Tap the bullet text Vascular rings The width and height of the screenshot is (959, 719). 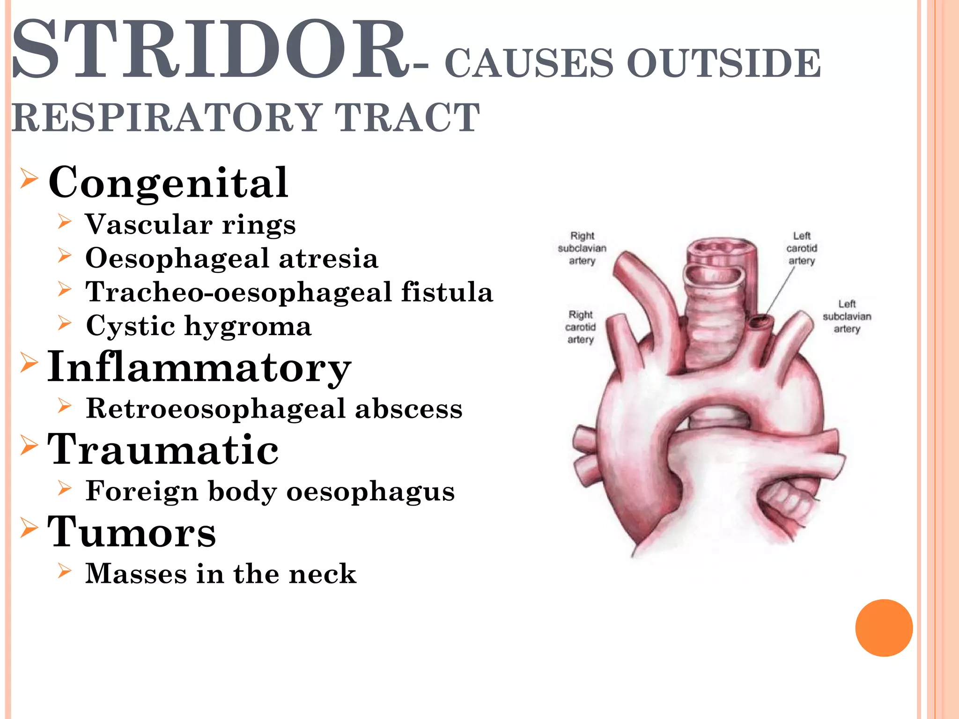click(191, 224)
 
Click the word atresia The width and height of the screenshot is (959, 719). click(328, 258)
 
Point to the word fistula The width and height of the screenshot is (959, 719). click(447, 292)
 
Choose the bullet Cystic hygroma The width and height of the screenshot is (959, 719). click(199, 326)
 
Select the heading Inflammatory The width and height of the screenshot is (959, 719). click(199, 367)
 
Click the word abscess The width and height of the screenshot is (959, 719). click(409, 408)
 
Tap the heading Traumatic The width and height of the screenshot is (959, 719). click(163, 449)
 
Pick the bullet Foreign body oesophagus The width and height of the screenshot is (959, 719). click(270, 491)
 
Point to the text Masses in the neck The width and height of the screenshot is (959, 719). click(221, 573)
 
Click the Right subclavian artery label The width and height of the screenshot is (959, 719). click(582, 248)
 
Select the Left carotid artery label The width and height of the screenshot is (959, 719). click(802, 248)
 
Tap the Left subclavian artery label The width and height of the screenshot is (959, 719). click(847, 316)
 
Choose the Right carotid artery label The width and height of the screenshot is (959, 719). click(581, 327)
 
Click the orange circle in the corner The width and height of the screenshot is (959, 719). click(884, 628)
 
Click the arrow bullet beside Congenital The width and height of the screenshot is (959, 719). click(29, 179)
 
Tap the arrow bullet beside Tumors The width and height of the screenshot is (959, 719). click(29, 528)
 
